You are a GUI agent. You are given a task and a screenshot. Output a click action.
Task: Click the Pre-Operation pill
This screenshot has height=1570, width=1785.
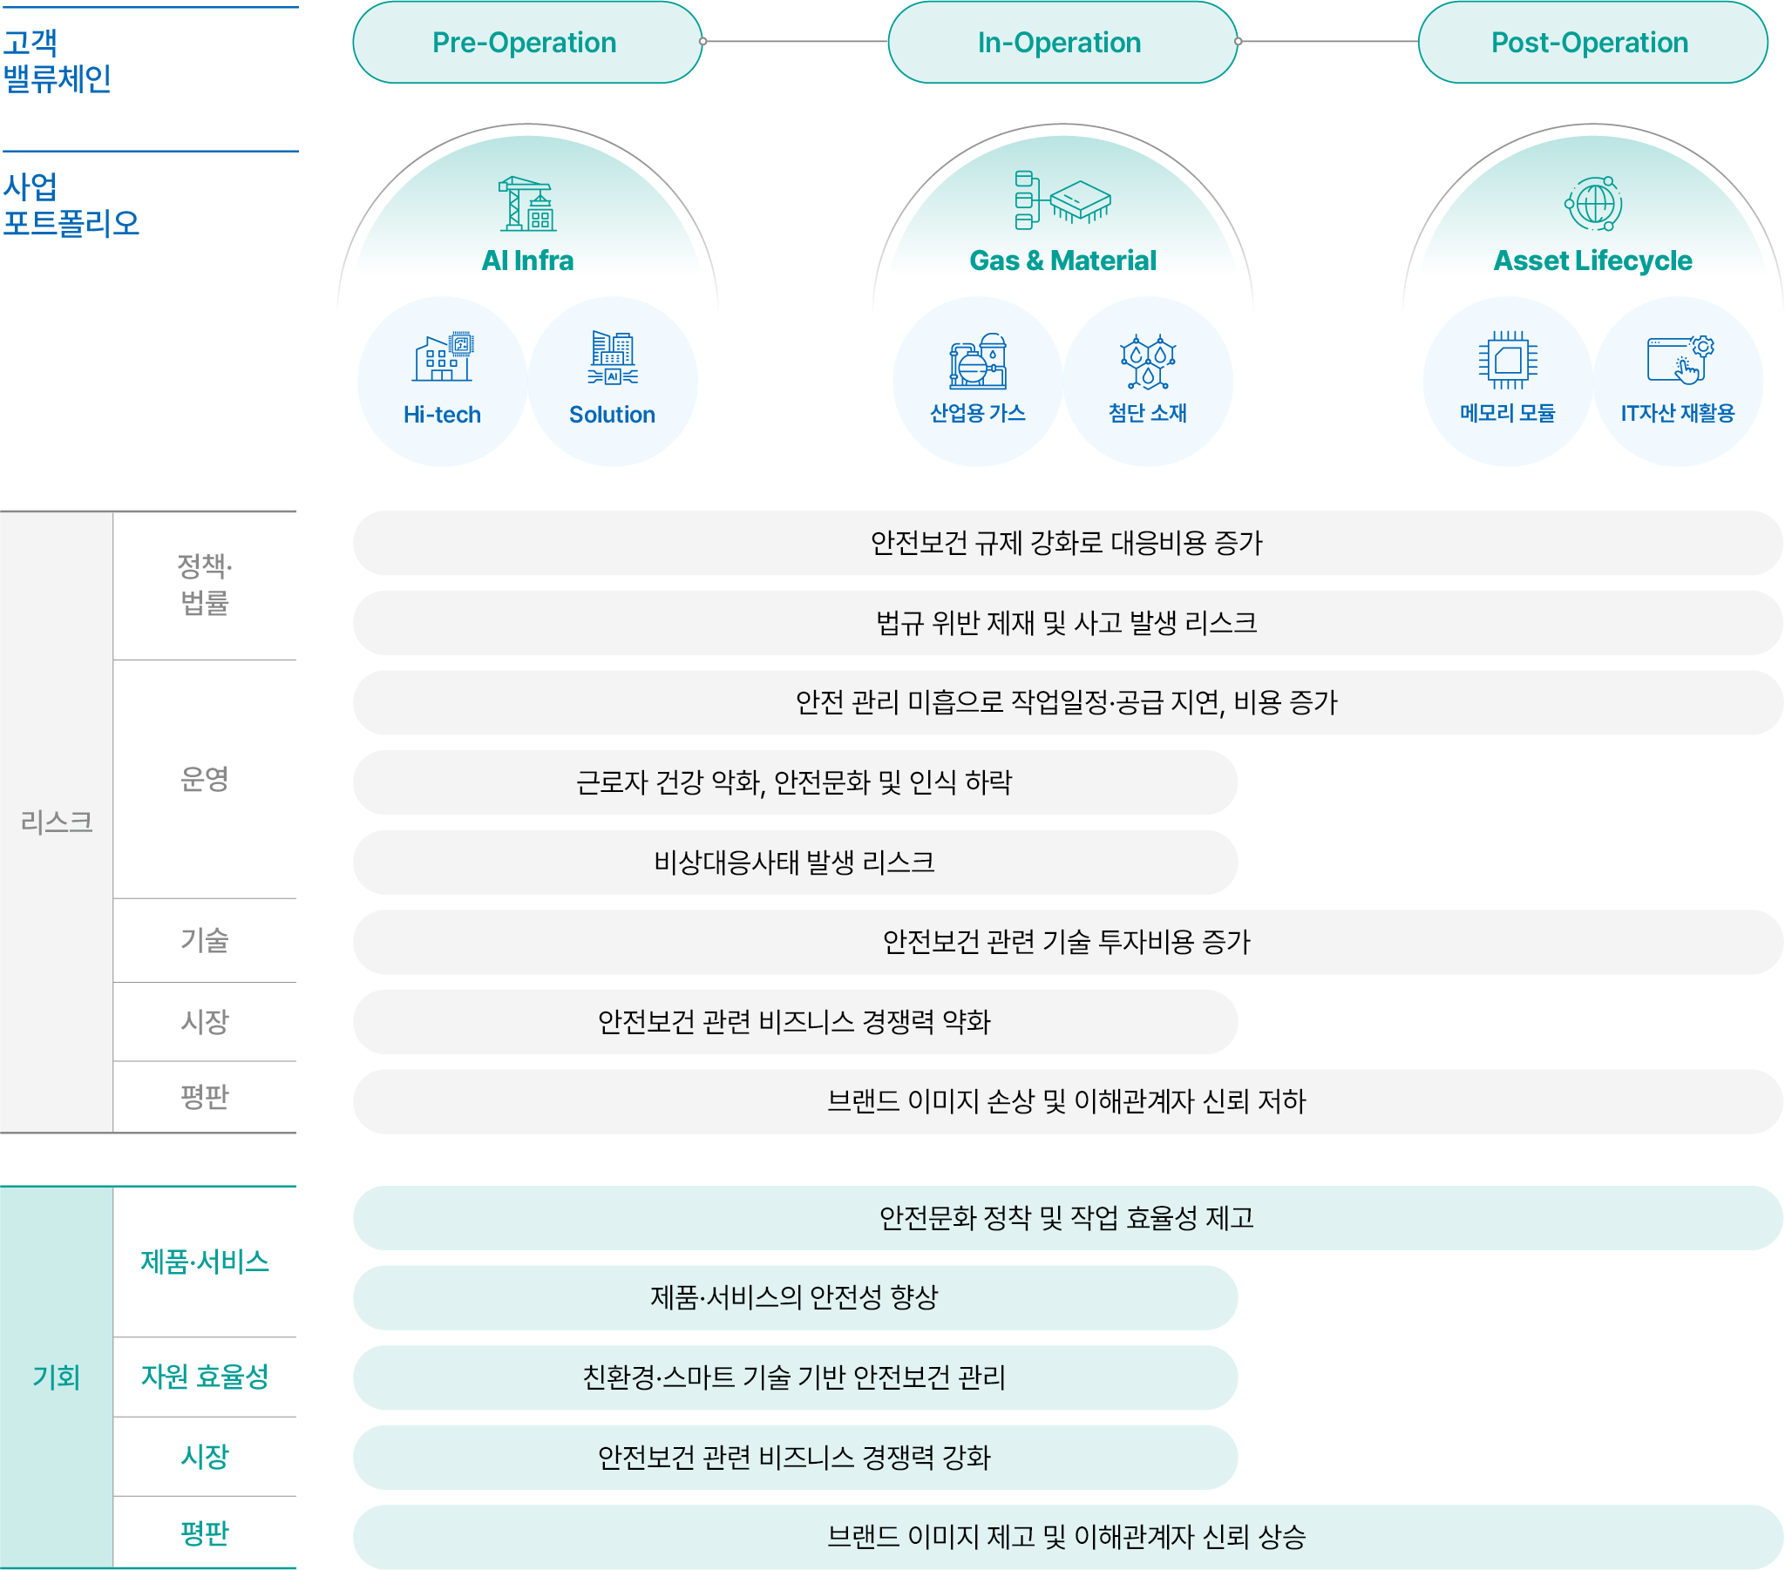point(526,42)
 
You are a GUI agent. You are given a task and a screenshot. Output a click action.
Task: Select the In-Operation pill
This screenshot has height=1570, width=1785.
point(1062,42)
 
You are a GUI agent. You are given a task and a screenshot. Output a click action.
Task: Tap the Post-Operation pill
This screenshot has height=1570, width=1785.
point(1592,42)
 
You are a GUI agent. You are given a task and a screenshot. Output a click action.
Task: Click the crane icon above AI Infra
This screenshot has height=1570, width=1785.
point(527,204)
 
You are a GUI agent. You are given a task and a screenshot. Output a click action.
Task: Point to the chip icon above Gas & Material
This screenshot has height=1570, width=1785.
point(1062,200)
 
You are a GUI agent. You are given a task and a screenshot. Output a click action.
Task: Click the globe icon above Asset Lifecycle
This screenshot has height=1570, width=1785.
point(1593,204)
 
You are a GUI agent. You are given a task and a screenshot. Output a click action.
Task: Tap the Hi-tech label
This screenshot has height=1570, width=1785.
point(442,415)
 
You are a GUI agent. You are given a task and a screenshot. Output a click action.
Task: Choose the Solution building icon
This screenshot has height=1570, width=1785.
point(612,357)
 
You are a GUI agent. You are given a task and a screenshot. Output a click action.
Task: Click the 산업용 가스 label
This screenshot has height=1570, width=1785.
point(977,413)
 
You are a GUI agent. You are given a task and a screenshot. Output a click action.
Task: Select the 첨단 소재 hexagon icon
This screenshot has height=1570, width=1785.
point(1148,361)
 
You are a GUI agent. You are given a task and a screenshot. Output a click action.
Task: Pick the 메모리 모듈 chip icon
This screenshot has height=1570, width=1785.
point(1507,359)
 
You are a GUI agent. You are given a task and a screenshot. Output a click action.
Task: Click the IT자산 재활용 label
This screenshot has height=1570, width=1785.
point(1677,413)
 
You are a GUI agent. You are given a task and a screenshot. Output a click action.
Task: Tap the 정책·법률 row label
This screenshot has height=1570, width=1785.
point(204,584)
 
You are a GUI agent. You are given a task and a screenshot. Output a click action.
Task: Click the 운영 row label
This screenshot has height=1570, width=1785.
point(204,779)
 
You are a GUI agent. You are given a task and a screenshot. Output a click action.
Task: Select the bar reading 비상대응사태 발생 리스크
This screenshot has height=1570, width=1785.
point(795,862)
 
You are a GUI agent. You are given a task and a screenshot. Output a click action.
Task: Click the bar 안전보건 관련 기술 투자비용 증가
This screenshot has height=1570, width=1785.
point(1067,941)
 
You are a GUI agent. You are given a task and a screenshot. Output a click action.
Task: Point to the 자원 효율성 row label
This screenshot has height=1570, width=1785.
point(204,1377)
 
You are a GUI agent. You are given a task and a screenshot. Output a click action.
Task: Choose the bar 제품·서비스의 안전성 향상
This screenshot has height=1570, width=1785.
point(795,1296)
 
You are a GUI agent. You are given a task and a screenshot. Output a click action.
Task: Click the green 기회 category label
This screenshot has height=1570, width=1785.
point(56,1377)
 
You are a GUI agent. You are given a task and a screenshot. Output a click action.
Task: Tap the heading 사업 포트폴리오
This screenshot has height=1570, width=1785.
point(71,206)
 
